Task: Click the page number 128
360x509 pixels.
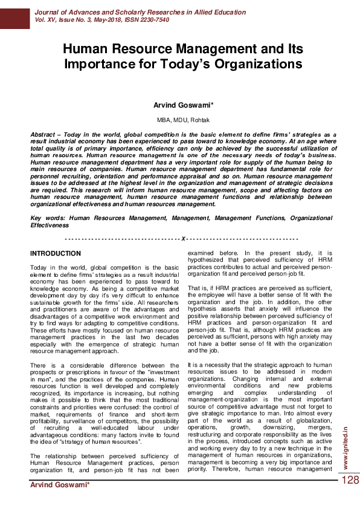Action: click(x=350, y=480)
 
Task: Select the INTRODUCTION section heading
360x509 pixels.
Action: click(x=56, y=253)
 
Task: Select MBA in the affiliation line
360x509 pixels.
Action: click(x=164, y=120)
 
